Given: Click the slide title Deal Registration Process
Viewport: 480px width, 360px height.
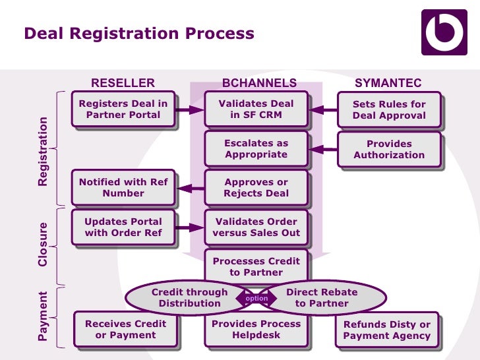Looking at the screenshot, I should point(138,34).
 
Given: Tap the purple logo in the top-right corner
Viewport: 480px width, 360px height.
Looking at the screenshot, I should point(444,32).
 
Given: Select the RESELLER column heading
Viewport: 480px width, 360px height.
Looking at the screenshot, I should point(123,83).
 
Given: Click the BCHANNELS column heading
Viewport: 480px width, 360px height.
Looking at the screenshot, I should point(259,83).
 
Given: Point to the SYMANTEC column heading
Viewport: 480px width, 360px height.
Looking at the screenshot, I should point(388,83).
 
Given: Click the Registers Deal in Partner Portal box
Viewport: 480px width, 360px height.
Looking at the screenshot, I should point(123,109).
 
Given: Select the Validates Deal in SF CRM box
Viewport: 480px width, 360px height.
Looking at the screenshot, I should point(256,109).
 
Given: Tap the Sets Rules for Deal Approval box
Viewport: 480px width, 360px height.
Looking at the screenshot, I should point(389,109).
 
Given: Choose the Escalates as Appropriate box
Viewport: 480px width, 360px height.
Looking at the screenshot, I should point(256,148).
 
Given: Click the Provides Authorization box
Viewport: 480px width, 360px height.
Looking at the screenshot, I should point(389,149).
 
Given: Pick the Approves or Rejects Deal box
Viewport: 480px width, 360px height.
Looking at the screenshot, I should point(256,188).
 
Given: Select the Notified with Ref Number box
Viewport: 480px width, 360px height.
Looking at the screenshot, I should point(123,188).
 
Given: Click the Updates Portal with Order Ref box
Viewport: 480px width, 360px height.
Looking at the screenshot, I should point(123,227).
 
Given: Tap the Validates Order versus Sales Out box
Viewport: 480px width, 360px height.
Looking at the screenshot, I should point(256,227).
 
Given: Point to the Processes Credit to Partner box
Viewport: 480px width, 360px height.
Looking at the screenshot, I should point(256,266).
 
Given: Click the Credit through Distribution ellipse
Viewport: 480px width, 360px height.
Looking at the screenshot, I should point(189,298).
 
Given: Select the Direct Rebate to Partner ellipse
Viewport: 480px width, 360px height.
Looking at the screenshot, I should point(322,298).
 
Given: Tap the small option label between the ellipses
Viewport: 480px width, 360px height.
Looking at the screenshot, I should point(256,299).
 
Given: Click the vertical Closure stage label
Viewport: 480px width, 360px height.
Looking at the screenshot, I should point(43,245).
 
